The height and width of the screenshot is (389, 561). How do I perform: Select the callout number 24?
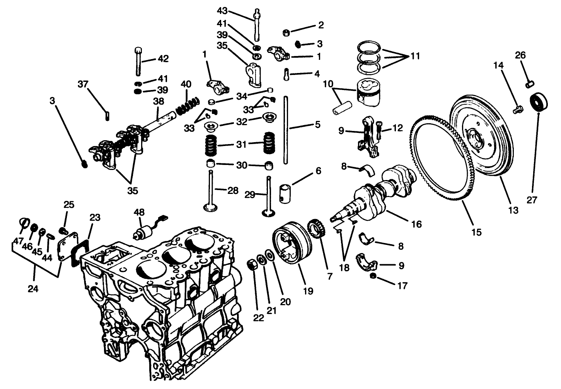(33, 288)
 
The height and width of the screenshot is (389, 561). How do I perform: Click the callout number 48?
(139, 212)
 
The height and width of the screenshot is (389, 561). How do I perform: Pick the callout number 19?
(308, 291)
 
